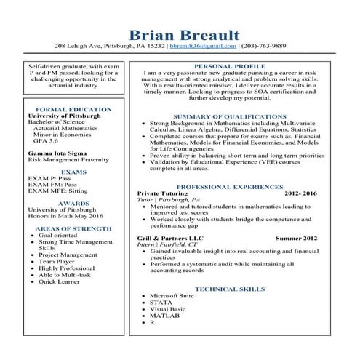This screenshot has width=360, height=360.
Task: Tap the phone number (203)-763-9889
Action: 264,46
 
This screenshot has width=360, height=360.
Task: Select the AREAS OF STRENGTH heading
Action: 68,228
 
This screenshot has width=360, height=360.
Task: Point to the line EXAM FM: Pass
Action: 52,185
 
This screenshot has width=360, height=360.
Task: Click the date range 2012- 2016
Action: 301,193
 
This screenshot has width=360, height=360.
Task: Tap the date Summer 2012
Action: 297,237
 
